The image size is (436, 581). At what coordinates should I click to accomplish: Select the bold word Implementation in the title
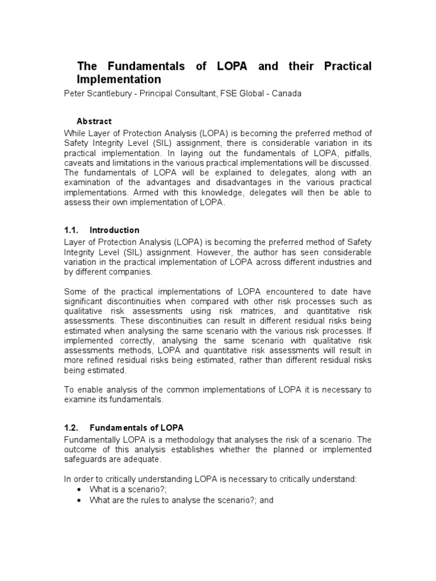(119, 79)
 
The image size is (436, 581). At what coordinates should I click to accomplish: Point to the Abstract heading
(94, 121)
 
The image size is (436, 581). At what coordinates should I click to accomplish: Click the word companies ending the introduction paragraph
(132, 272)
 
